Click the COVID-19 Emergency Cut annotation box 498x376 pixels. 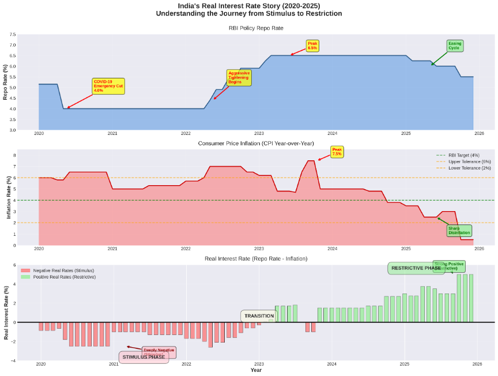coord(108,86)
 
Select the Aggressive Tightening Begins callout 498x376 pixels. coord(239,78)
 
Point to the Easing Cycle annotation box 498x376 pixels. coord(454,46)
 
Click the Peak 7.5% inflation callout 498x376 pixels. coord(337,152)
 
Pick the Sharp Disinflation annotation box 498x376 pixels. coord(459,231)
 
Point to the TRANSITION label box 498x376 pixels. coord(259,316)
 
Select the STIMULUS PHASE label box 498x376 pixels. coord(144,357)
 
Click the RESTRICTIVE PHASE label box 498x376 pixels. coord(416,268)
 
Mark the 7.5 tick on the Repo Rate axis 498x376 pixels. coord(13,35)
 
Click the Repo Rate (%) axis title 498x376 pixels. coord(5,82)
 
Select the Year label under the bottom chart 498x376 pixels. coord(256,370)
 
